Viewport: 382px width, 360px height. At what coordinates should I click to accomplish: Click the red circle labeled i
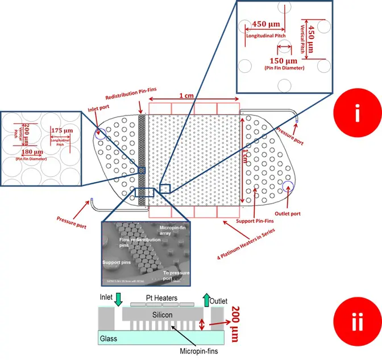(x=356, y=114)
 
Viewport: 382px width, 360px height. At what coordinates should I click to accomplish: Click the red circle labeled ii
(x=356, y=322)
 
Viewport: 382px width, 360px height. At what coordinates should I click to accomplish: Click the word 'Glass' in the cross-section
(x=109, y=338)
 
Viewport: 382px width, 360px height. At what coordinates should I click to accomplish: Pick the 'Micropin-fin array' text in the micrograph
(x=178, y=230)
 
